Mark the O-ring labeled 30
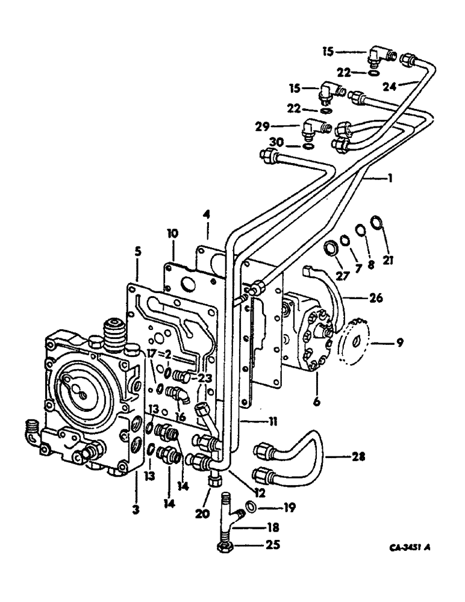[x=307, y=145]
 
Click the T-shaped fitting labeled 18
[x=229, y=517]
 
